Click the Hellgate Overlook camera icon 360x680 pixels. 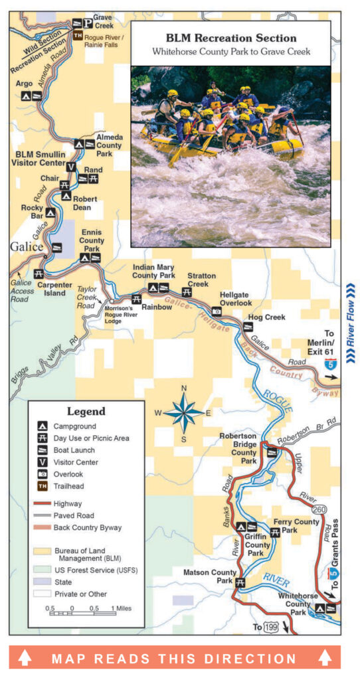(217, 311)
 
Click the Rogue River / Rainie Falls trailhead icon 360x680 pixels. (78, 36)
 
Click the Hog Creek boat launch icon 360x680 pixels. (248, 326)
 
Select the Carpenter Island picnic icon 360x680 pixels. (39, 273)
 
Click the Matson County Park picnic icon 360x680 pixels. (239, 582)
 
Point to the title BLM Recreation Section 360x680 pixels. (230, 38)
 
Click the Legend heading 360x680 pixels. (85, 412)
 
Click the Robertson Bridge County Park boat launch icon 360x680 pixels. (271, 453)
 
